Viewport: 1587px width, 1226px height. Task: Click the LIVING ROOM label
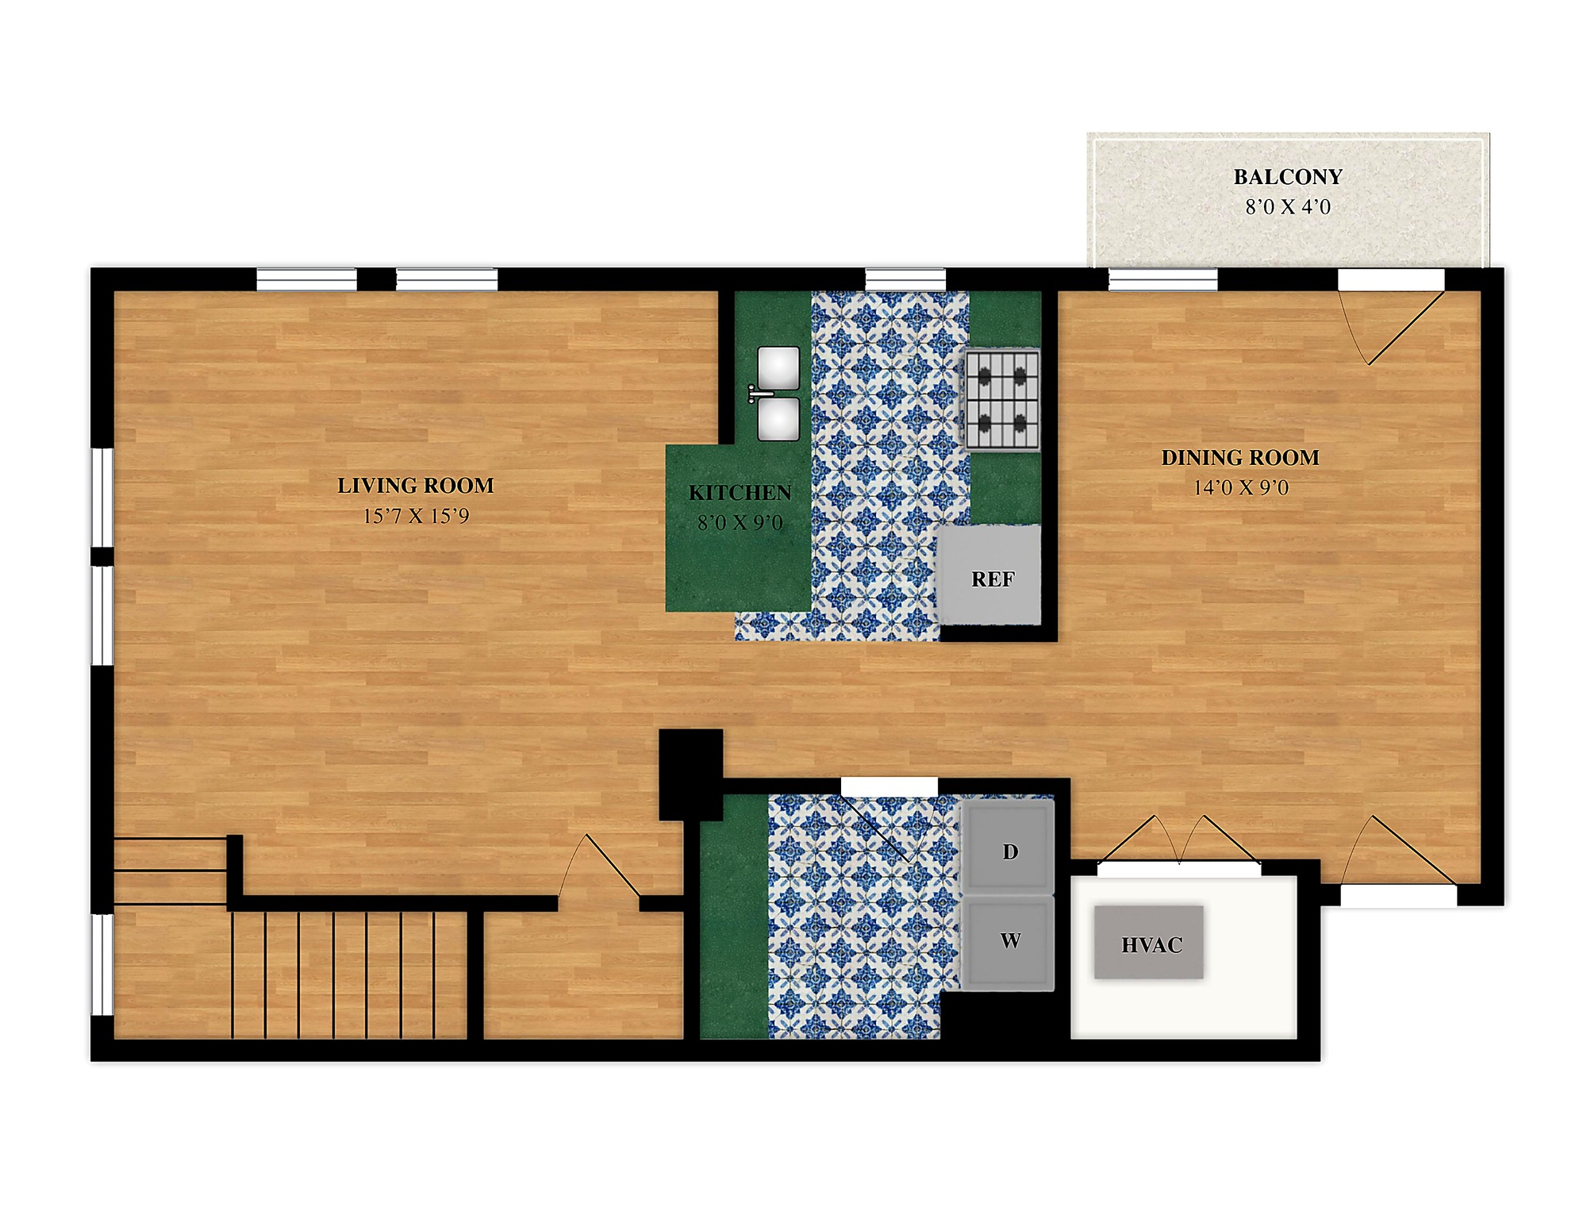pos(415,485)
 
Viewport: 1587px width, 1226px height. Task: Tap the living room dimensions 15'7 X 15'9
pos(416,516)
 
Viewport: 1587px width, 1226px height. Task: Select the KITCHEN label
pos(740,493)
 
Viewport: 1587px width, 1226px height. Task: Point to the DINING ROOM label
pos(1240,457)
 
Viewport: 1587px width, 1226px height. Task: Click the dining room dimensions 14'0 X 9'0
pos(1241,487)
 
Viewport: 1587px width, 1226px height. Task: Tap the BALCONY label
pos(1288,176)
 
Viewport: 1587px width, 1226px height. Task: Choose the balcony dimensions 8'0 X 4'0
pos(1288,206)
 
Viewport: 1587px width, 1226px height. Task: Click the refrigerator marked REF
pos(989,575)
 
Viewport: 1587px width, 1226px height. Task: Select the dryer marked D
pos(1009,847)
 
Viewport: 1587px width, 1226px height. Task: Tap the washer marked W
pos(1009,943)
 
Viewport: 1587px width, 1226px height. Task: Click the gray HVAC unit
pos(1150,942)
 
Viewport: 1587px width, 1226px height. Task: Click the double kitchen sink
pos(778,393)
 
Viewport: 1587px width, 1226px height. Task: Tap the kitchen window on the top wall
pos(905,279)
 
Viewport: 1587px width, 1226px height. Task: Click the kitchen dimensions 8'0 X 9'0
pos(740,522)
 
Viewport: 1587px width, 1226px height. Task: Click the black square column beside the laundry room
pos(691,774)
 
